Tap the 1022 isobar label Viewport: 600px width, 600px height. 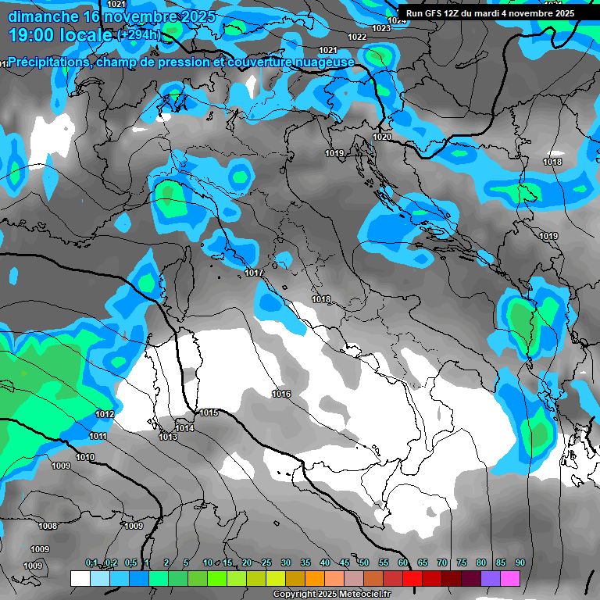(357, 37)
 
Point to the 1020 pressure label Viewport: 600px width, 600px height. (382, 137)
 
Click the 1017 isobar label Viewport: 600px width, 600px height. (253, 273)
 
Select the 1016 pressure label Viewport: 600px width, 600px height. (281, 394)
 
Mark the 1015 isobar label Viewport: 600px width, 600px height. (209, 412)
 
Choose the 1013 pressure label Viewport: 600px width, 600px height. (168, 437)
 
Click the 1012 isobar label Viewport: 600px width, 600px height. (105, 414)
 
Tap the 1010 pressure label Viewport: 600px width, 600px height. (85, 457)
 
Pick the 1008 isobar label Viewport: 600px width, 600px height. (48, 526)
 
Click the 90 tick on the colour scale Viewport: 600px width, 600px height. (520, 563)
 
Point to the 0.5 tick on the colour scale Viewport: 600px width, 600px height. (130, 563)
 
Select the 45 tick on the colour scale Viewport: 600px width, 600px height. (345, 563)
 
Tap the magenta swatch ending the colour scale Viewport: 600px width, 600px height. (510, 578)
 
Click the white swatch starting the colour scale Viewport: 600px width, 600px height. (80, 578)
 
